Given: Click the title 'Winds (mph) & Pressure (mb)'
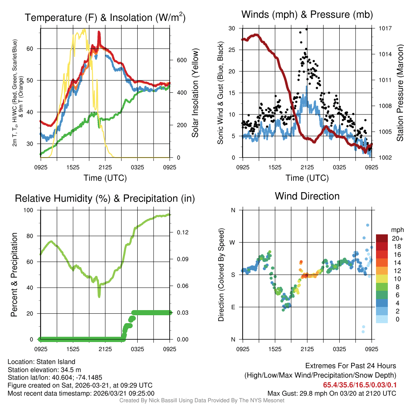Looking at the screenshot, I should (307, 15).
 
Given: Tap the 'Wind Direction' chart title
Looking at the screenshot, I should (307, 196).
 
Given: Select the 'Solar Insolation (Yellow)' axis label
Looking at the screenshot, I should (195, 93).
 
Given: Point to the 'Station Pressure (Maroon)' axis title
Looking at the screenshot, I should (399, 93).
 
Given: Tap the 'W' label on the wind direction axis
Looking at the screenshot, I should (233, 242).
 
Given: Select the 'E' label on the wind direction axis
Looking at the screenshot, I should (233, 307).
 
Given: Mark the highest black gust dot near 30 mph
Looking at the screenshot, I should (307, 29).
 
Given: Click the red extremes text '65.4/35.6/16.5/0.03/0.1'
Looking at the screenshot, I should (360, 385).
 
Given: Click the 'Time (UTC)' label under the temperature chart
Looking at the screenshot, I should (105, 178).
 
